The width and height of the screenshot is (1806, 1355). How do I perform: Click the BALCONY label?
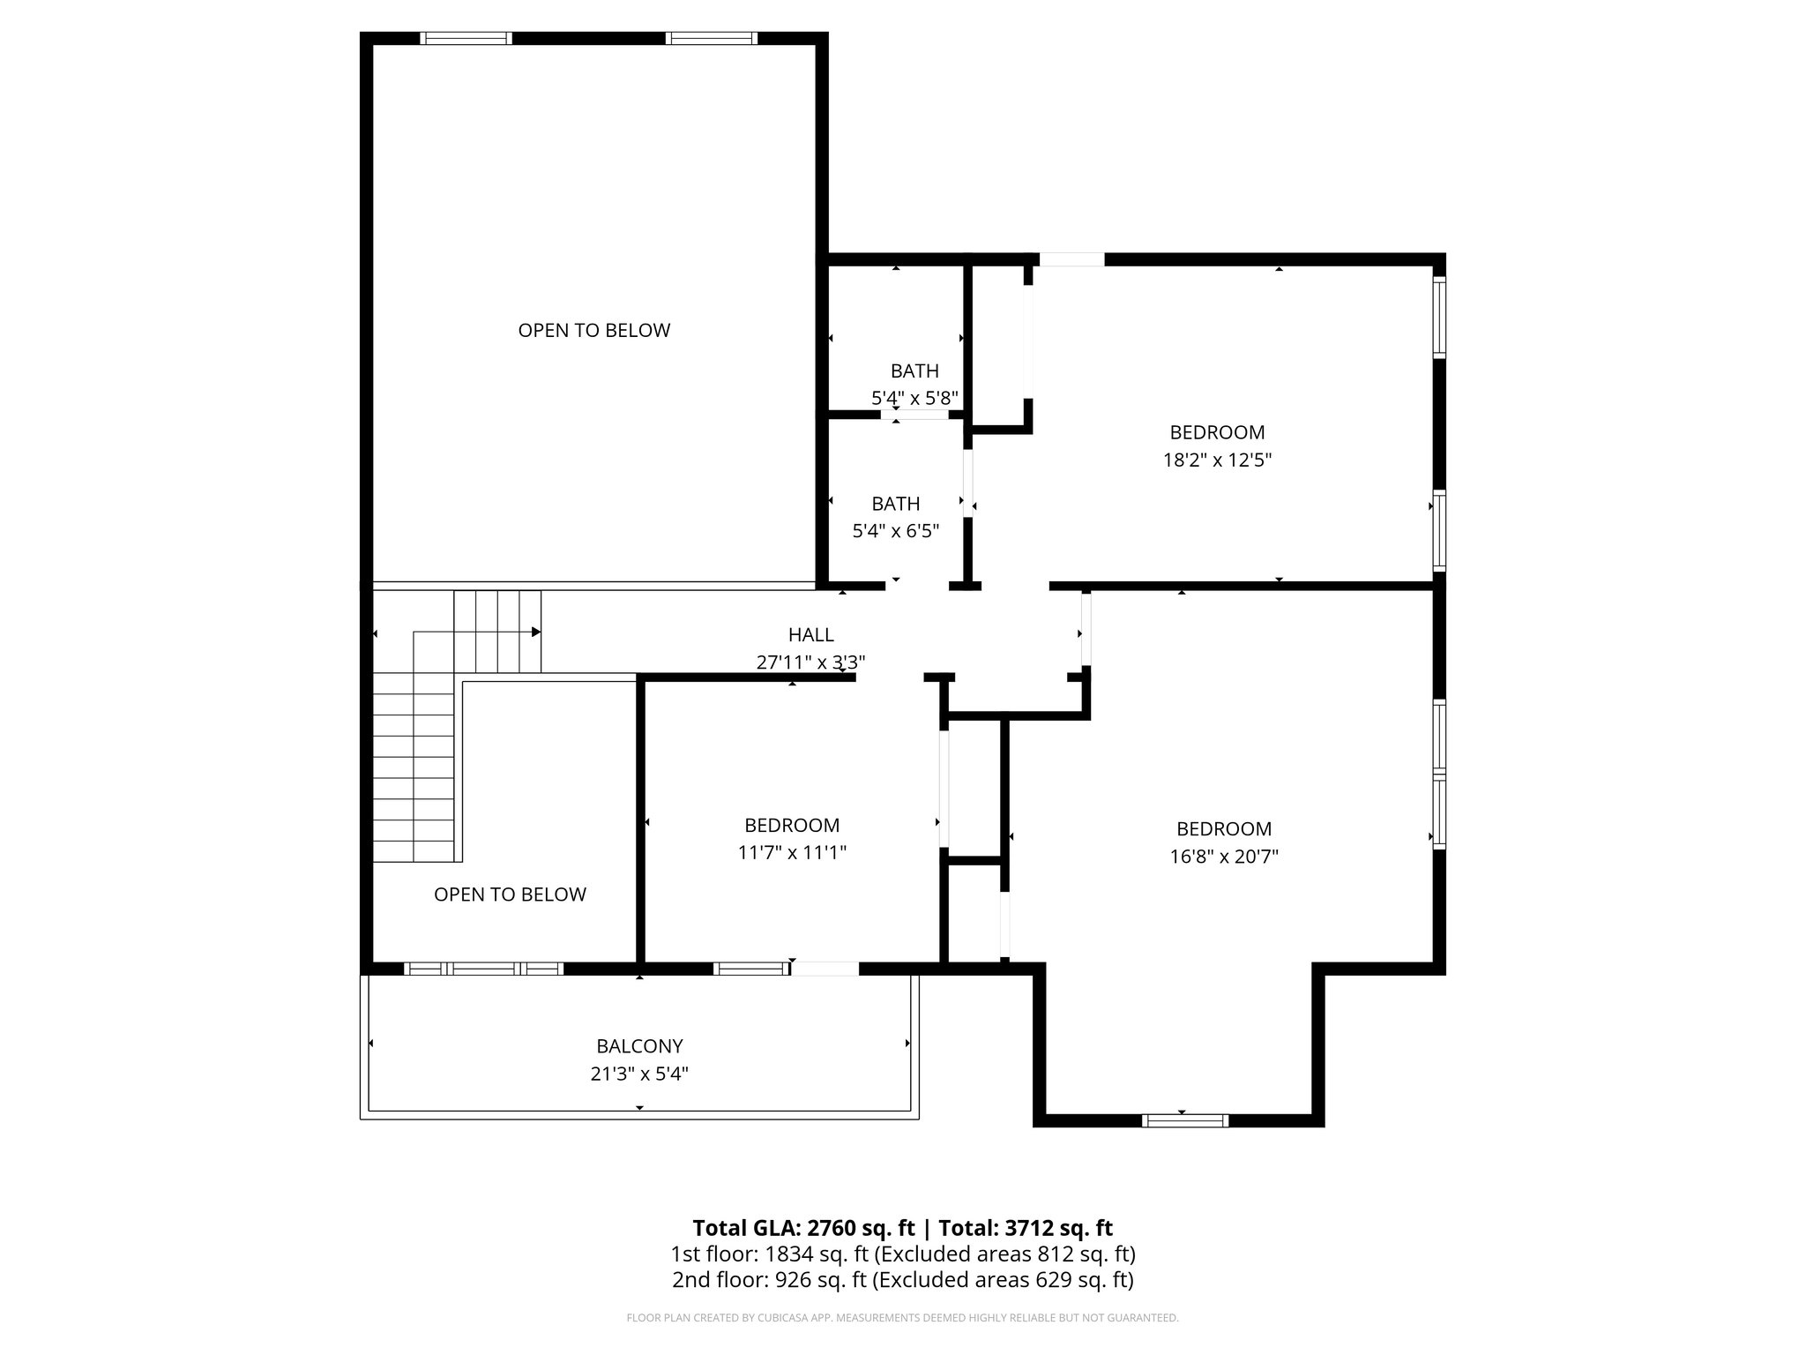pos(639,1046)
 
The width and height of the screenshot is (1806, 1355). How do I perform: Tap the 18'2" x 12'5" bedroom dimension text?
pos(1217,460)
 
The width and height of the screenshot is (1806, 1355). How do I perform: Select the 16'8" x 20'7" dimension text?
pos(1224,857)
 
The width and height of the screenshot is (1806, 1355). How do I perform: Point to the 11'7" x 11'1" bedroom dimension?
pos(792,853)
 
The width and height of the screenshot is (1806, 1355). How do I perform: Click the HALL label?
pos(810,634)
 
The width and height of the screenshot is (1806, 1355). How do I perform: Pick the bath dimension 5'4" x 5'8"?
pos(914,399)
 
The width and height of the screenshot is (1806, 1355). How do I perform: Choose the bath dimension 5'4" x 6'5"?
pos(895,531)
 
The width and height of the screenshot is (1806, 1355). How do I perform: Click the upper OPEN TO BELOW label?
pos(593,330)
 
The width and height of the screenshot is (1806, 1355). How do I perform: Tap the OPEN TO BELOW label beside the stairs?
pos(510,895)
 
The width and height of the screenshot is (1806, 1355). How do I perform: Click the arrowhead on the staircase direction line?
pos(535,632)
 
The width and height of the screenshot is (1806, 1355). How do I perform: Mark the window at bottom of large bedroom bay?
pos(1184,1120)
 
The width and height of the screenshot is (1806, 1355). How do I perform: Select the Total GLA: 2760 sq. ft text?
pos(803,1228)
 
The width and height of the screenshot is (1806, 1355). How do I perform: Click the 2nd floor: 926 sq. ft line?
pos(902,1280)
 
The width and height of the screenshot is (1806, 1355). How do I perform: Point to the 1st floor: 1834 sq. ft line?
pos(902,1254)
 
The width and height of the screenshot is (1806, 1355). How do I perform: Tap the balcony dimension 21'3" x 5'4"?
pos(639,1074)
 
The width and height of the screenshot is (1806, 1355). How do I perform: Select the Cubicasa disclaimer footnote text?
pos(902,1318)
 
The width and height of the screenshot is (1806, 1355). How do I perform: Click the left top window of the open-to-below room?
pos(466,38)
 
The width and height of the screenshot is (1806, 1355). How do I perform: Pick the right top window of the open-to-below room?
pos(711,38)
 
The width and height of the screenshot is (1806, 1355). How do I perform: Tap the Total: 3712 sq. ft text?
pos(1026,1228)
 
